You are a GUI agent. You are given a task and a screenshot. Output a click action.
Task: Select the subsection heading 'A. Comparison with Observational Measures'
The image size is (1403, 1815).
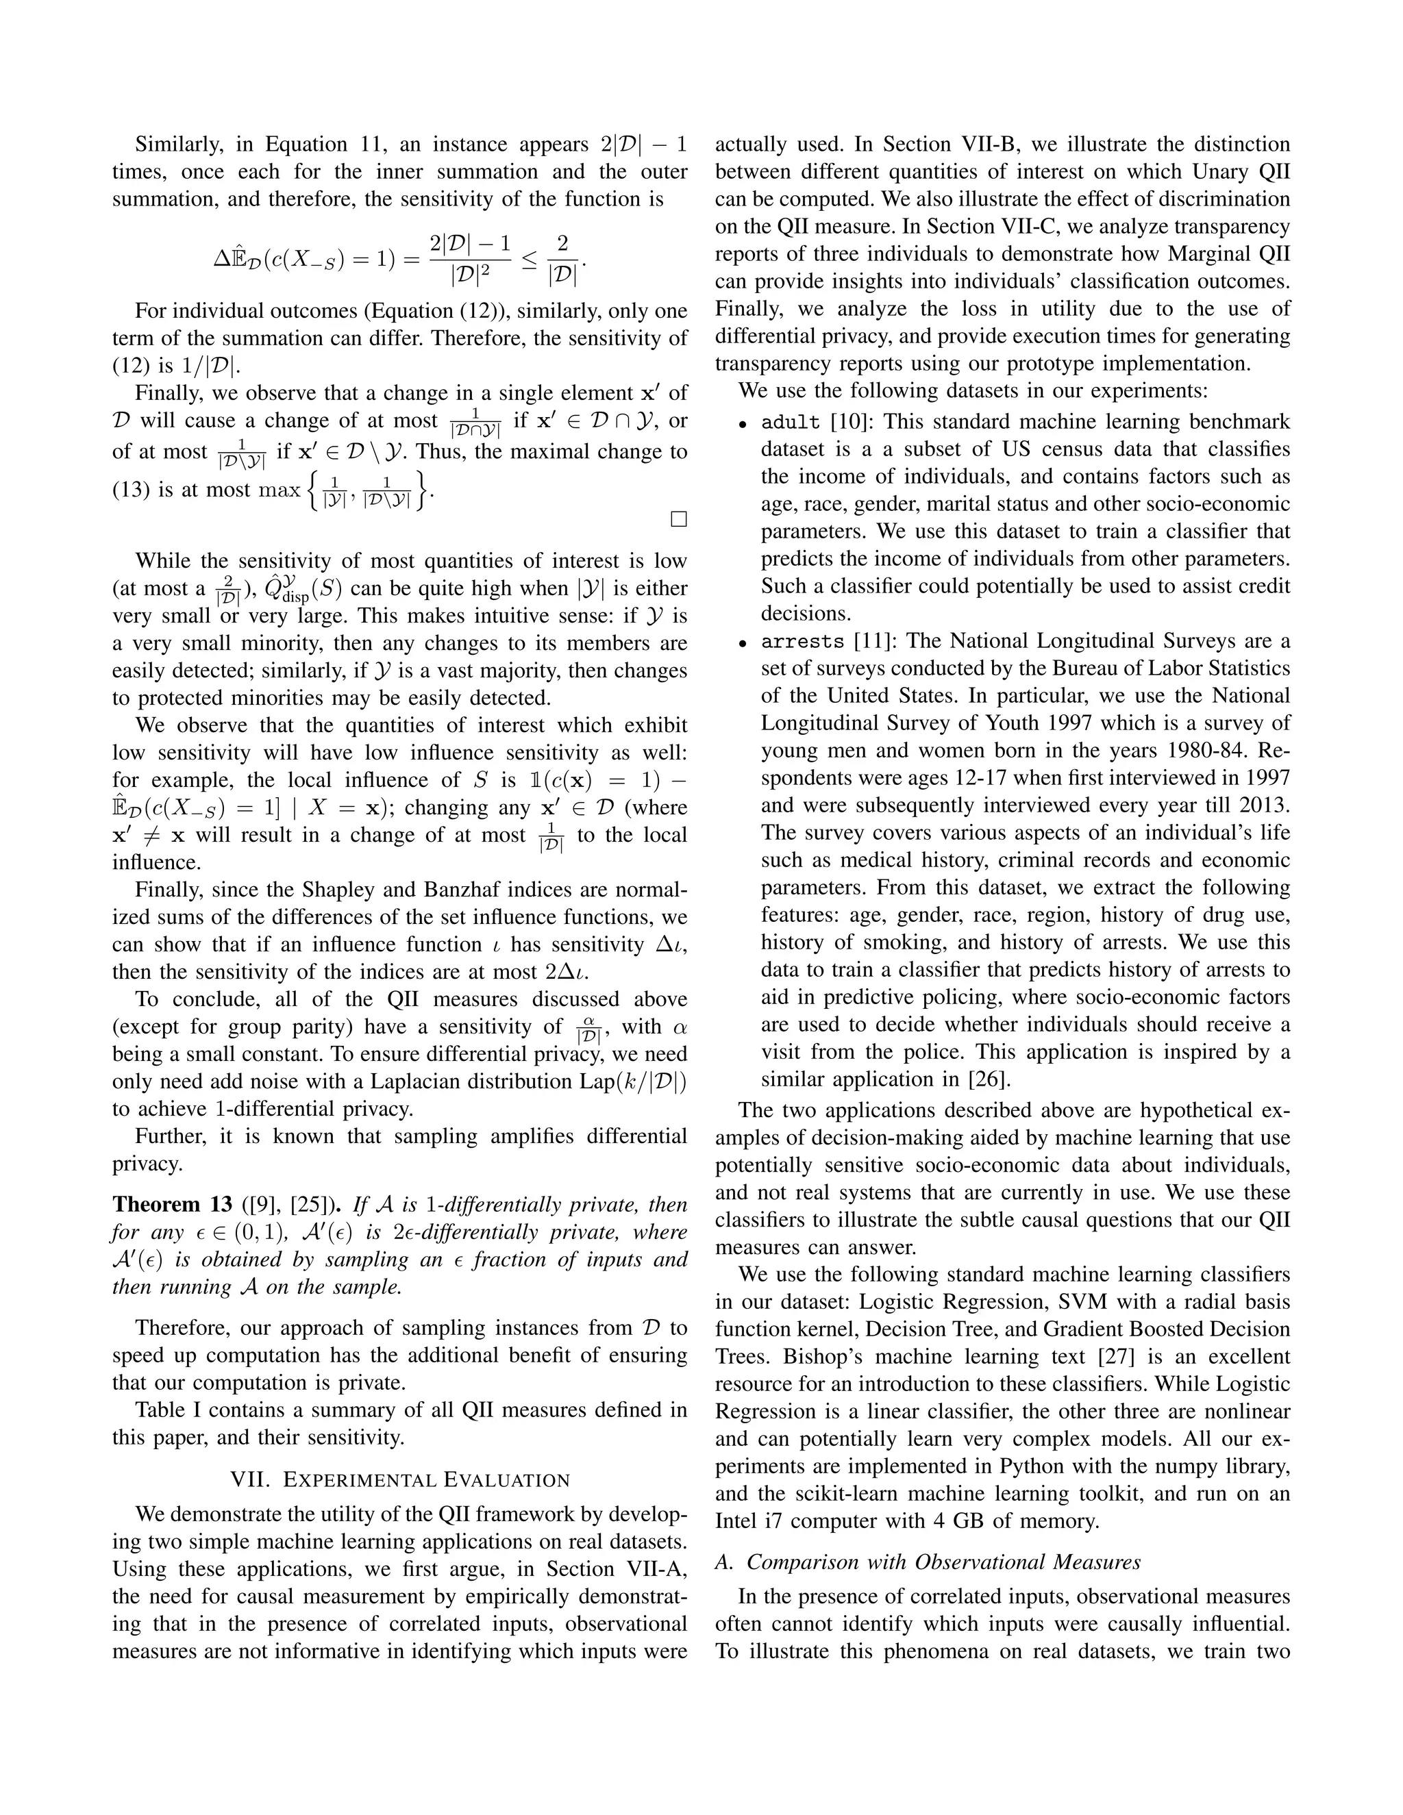(928, 1562)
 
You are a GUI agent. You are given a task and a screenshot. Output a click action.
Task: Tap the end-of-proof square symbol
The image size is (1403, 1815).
(678, 519)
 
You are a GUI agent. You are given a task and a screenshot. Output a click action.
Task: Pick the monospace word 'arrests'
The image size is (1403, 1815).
(802, 642)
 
